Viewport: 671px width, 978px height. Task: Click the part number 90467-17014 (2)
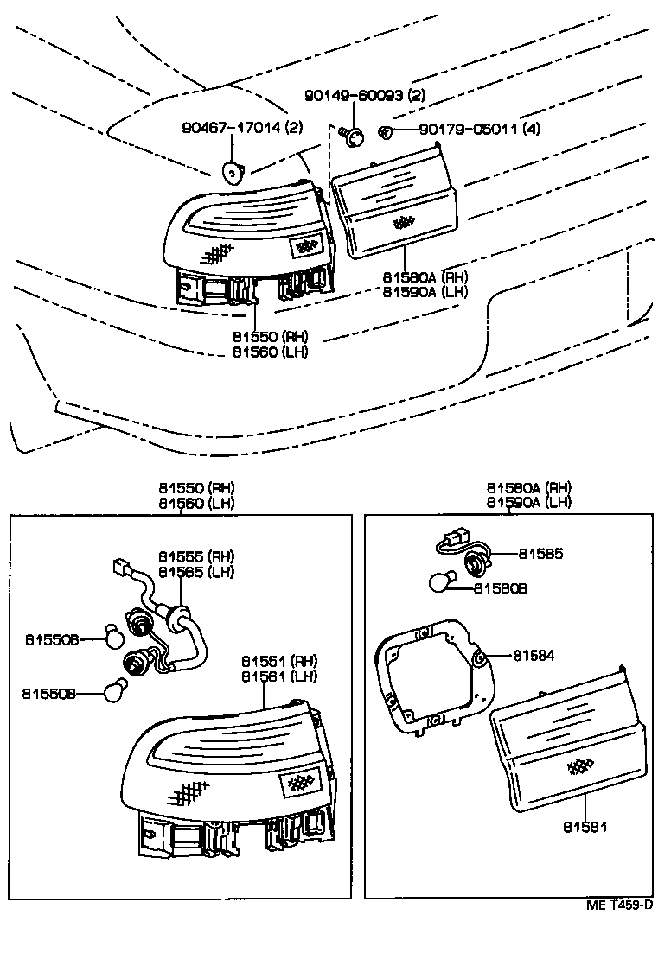point(241,129)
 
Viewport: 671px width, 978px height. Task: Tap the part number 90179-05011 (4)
point(480,130)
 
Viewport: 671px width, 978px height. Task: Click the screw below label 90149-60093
point(352,136)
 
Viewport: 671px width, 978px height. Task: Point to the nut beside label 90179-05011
point(386,131)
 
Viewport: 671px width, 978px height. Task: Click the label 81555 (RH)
point(196,556)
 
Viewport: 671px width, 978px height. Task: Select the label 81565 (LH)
point(196,571)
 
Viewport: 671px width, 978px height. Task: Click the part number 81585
point(540,554)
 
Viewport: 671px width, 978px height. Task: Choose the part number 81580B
point(500,588)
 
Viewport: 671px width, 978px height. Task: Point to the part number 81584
point(533,656)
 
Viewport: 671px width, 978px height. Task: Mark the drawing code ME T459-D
point(618,905)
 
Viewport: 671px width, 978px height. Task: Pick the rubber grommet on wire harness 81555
point(179,617)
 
